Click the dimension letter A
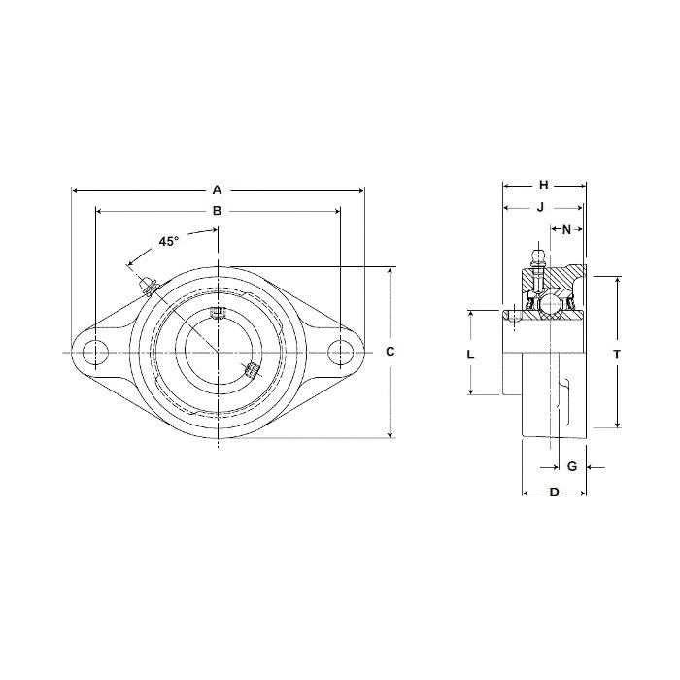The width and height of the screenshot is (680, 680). click(218, 189)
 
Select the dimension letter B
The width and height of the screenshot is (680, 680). click(218, 210)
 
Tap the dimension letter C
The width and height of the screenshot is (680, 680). click(390, 352)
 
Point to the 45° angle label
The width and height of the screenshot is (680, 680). click(169, 240)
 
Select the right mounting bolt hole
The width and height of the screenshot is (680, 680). click(339, 353)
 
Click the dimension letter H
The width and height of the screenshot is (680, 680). click(544, 185)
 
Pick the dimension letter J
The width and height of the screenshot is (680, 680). click(540, 206)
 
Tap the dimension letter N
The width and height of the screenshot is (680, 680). click(566, 229)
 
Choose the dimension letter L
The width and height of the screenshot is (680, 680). click(470, 354)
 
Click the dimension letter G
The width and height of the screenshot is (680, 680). click(572, 466)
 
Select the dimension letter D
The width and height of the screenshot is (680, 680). click(554, 493)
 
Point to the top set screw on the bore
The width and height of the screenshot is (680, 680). click(218, 313)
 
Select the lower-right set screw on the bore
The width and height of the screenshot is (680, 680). click(252, 369)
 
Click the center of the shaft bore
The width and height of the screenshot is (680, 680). click(218, 352)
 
